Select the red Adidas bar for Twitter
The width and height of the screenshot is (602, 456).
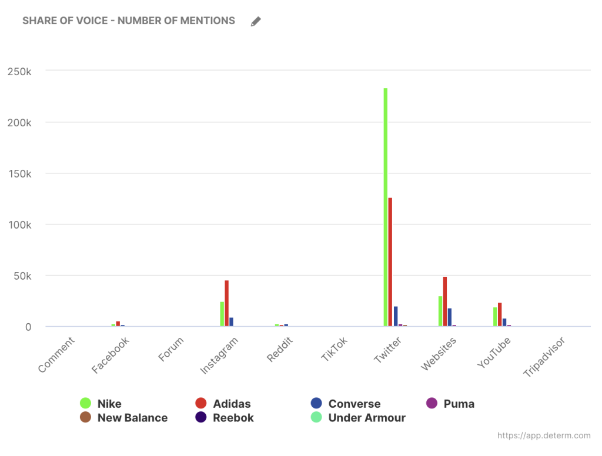390,261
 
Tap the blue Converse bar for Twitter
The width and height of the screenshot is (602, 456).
396,316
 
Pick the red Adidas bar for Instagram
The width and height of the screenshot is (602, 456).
226,303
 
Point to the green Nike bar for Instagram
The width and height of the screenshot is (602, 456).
222,314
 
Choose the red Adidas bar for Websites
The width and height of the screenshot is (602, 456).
445,301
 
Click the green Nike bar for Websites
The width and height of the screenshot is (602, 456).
440,311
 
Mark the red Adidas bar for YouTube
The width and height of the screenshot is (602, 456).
500,314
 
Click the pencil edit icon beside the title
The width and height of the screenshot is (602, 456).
256,22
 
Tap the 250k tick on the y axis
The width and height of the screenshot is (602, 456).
19,71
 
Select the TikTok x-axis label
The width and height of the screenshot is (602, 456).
335,349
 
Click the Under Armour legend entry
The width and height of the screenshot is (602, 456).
359,418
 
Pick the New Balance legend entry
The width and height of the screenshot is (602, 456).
124,418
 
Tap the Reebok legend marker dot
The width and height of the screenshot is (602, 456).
201,418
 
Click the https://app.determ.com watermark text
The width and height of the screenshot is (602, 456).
544,436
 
